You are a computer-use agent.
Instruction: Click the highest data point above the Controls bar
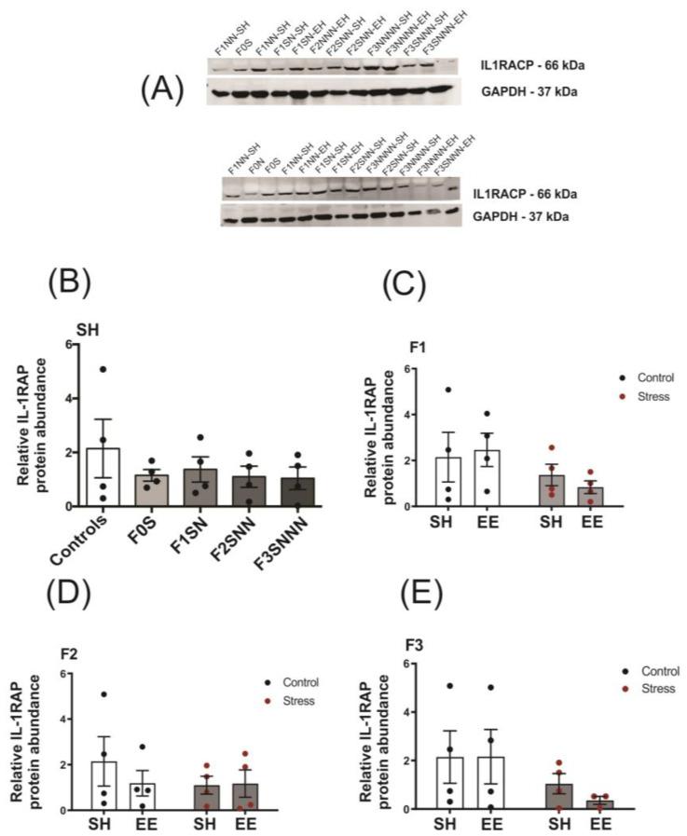coord(103,369)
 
